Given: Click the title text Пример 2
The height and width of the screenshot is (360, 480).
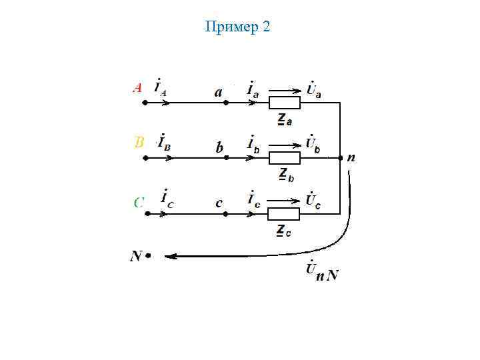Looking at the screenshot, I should (x=238, y=27).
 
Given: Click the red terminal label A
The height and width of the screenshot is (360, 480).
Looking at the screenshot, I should (x=137, y=87).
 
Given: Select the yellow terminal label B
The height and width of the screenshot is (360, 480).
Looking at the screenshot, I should (x=139, y=142).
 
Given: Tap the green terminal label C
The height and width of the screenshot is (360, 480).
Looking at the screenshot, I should (x=139, y=201).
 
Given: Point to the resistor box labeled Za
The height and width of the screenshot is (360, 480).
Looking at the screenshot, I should (x=284, y=103).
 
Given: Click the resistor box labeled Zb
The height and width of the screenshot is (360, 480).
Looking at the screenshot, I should (x=284, y=158).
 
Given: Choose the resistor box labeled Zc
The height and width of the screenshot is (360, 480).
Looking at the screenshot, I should (x=284, y=214).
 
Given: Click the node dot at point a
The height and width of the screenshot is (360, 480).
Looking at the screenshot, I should (x=226, y=103).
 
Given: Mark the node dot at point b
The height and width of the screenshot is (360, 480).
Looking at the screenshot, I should (x=226, y=158).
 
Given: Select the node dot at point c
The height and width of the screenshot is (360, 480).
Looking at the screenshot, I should (x=226, y=214).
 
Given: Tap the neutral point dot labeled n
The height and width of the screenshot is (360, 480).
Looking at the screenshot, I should (x=341, y=159).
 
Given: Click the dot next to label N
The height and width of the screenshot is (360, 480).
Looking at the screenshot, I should (x=148, y=255).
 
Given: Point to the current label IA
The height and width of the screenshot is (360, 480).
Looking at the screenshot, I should (x=161, y=88).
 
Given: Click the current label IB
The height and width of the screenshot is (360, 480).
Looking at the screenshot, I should (x=163, y=143).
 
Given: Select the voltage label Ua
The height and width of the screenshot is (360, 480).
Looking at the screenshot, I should (x=313, y=89).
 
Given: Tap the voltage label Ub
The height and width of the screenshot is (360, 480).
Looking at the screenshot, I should (x=313, y=144).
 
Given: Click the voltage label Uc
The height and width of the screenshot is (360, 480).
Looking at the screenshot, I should (x=313, y=200).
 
